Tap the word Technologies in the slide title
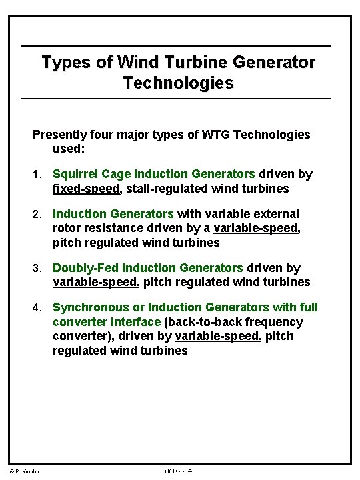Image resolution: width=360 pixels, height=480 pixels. [x=179, y=83]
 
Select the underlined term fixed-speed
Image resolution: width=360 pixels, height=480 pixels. [x=86, y=189]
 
